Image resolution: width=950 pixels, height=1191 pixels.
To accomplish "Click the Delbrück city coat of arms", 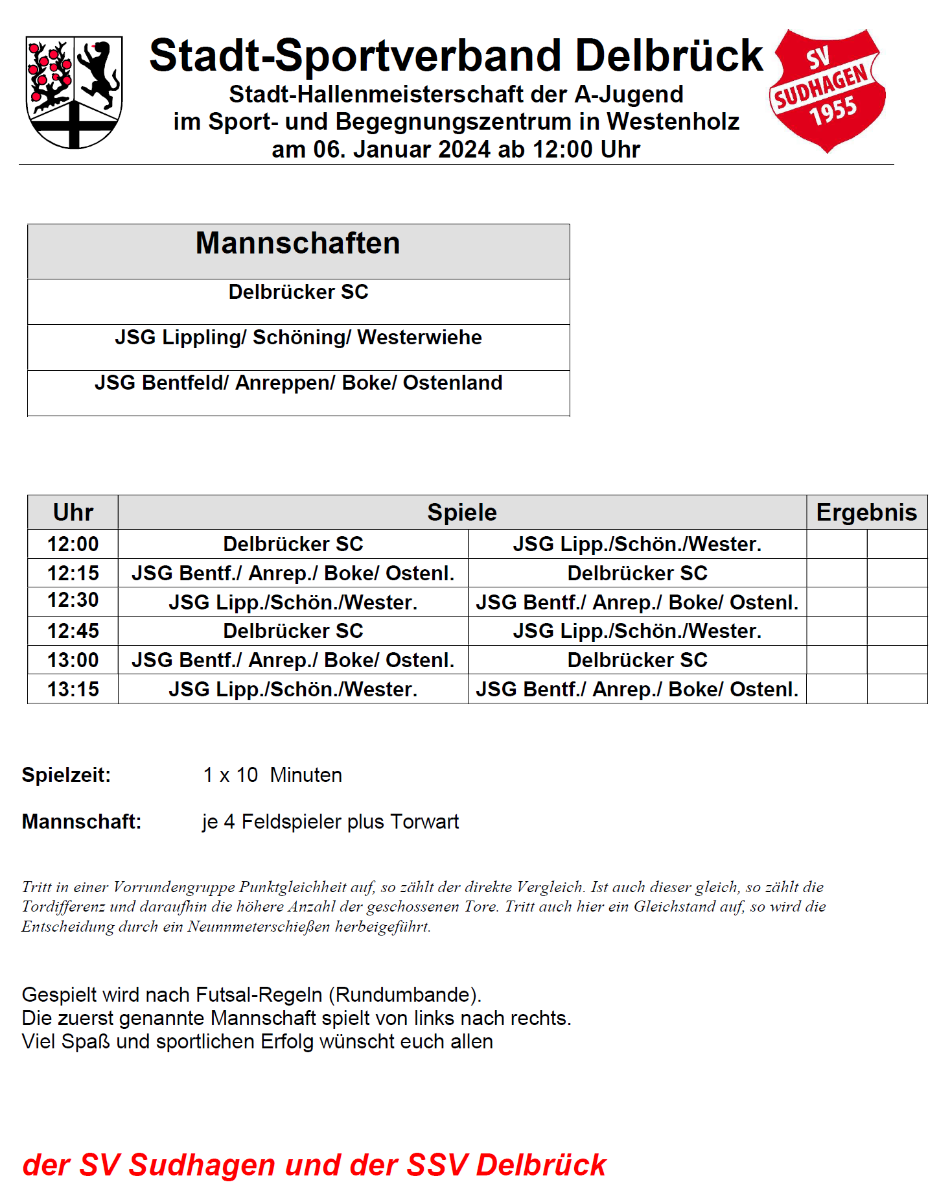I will pos(74,91).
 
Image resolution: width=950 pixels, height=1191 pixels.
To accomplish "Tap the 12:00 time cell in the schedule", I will pos(73,544).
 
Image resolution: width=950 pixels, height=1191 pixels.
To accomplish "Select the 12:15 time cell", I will pos(73,573).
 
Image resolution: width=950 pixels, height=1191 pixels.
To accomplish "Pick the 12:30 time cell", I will pos(73,600).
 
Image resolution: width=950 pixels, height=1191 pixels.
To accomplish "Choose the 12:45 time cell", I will pos(73,631).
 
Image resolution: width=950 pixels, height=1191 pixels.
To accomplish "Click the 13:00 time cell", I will pos(73,660).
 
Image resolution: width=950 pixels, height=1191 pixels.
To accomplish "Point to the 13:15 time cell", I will pos(73,689).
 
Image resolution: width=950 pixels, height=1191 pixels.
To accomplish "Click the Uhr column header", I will pos(73,512).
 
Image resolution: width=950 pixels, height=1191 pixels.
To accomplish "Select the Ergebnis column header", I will pos(866,512).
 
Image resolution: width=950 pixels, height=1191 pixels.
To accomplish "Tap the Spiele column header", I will pos(461,512).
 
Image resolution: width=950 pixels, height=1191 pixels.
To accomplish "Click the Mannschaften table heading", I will pos(298,244).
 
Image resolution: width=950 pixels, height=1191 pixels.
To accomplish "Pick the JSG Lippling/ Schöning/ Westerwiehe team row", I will pos(298,338).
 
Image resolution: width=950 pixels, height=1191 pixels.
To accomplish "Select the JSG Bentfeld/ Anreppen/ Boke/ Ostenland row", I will pos(298,383).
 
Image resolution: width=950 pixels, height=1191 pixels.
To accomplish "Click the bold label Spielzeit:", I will pos(66,775).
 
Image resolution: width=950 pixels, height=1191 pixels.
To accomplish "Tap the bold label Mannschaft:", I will pos(82,822).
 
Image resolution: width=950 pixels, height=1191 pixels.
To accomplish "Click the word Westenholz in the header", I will pos(673,122).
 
